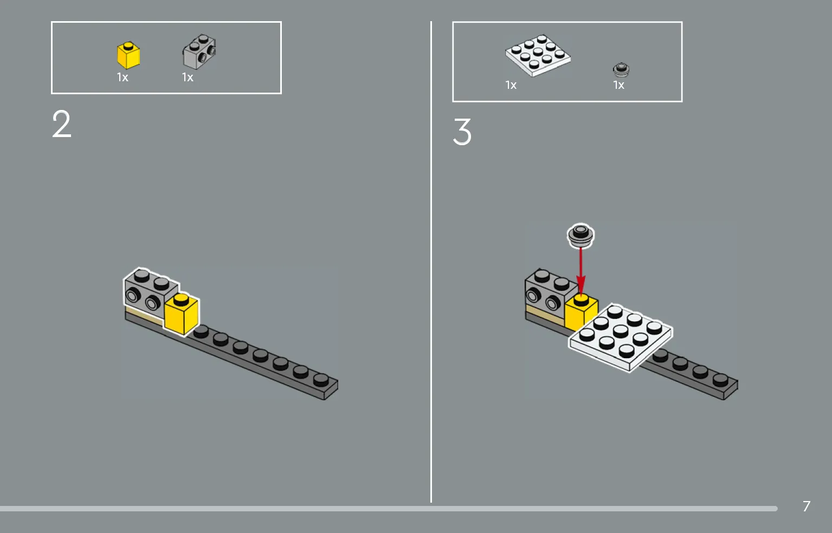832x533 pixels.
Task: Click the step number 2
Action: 62,124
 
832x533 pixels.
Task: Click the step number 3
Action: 462,132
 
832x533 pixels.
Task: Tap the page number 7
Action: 807,506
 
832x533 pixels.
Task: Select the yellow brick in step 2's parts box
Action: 128,55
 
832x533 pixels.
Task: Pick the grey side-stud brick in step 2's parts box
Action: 199,52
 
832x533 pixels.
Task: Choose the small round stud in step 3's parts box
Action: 621,70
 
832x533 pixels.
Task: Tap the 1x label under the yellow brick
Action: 122,77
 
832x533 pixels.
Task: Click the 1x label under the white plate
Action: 511,85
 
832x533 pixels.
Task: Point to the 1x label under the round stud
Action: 619,85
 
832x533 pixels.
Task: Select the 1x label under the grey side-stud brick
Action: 188,77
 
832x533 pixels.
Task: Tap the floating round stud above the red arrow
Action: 581,235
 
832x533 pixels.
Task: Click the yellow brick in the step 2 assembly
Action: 182,314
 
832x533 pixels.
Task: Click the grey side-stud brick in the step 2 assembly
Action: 151,292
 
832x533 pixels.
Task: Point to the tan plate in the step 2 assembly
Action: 144,315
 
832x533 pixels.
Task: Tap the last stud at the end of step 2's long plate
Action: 321,380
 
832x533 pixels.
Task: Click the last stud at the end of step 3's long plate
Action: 720,380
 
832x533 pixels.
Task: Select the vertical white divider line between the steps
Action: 431,262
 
